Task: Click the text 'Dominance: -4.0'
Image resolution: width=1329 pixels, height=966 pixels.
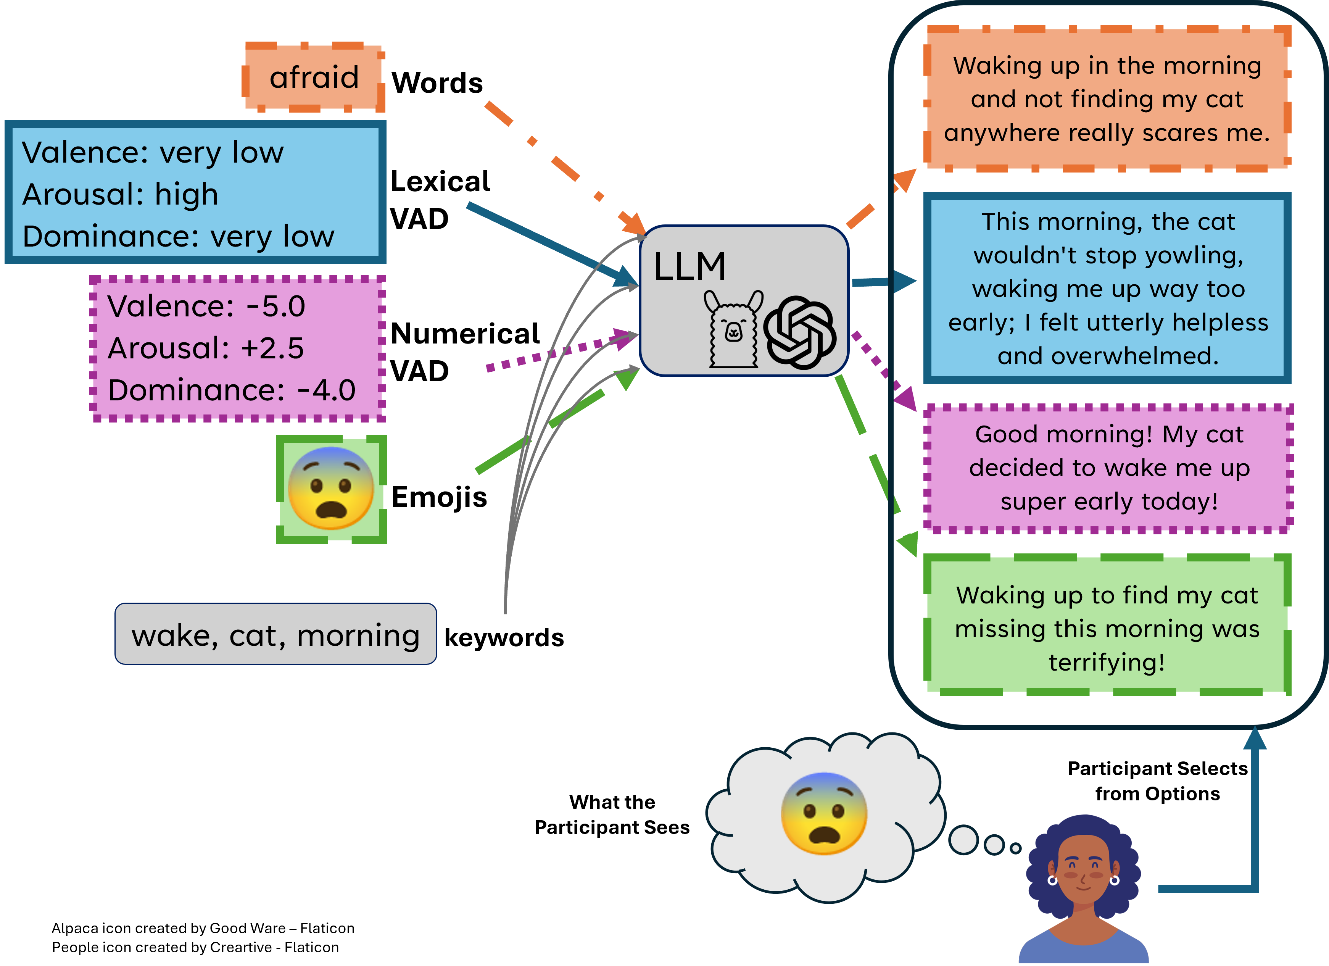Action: tap(232, 390)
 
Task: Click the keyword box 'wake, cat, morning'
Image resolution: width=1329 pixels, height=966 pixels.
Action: tap(275, 635)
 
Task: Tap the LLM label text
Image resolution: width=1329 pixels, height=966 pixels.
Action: tap(690, 267)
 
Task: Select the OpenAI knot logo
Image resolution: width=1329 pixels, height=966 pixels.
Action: tap(800, 332)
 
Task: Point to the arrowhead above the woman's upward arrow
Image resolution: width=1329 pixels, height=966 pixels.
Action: tap(1255, 738)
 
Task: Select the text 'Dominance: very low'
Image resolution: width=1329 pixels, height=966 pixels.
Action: tap(178, 236)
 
